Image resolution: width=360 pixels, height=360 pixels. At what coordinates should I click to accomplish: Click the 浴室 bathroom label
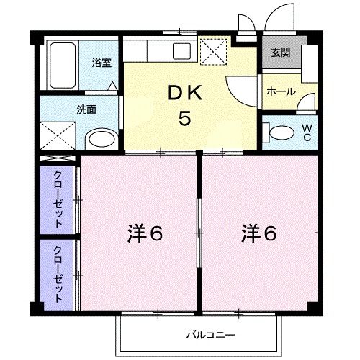tap(102, 63)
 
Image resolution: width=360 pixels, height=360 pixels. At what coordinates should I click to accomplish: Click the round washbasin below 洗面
tap(102, 139)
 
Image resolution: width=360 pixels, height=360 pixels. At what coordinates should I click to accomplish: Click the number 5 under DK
tap(185, 118)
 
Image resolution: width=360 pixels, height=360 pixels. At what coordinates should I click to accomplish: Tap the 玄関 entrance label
tap(280, 51)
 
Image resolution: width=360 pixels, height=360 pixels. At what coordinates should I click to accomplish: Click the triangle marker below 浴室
tap(113, 86)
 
